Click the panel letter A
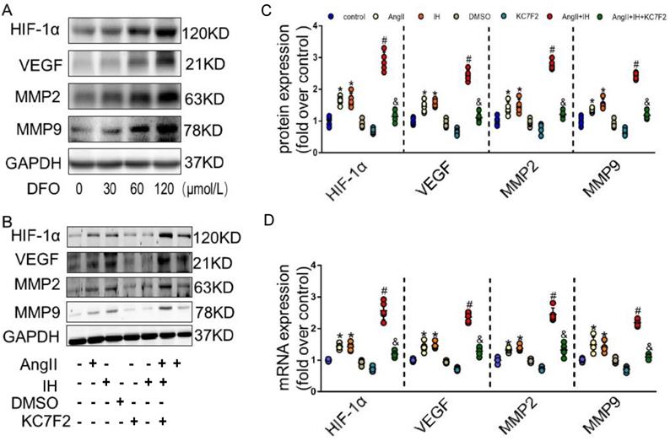coord(6,7)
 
